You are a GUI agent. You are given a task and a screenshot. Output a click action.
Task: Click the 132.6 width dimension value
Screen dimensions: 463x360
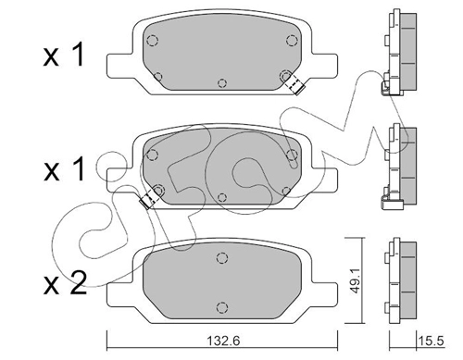pos(223,341)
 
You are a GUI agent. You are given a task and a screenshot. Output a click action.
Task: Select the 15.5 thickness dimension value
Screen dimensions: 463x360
pos(432,341)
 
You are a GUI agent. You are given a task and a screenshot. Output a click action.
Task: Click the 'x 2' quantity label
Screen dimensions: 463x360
pos(65,284)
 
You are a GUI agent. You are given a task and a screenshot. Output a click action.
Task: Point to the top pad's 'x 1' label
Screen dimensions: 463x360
pos(64,55)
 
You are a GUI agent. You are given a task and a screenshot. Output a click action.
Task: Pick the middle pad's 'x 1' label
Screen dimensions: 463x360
pos(64,169)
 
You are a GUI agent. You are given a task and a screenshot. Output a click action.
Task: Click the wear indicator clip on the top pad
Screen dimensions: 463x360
pos(294,84)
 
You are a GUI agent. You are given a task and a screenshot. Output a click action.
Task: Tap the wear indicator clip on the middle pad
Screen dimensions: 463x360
pos(149,198)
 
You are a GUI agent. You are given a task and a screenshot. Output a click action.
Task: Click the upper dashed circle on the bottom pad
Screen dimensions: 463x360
pos(222,257)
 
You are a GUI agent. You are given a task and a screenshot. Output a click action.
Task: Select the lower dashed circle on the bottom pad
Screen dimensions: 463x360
pos(222,307)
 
